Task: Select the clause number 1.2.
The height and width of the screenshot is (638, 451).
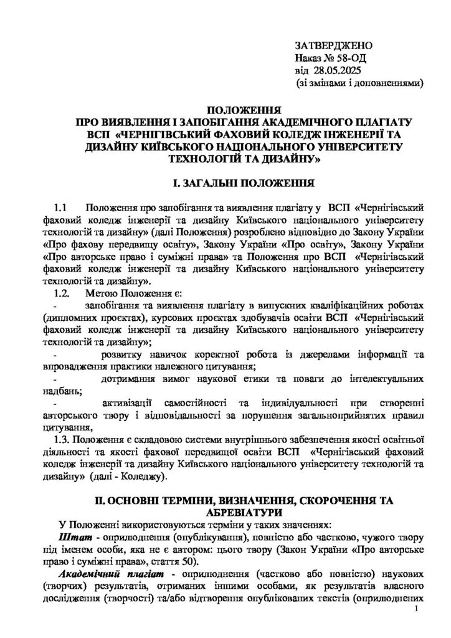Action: (x=62, y=293)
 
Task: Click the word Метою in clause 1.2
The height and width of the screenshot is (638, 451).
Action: (x=99, y=293)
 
